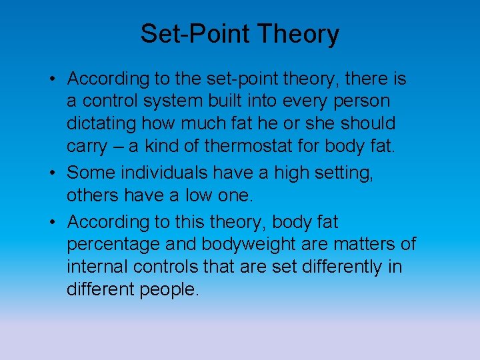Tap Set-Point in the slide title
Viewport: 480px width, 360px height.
[x=195, y=34]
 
